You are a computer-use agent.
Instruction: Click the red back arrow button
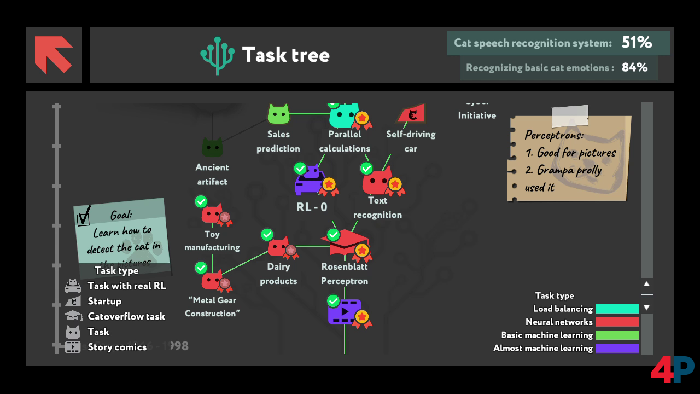point(54,55)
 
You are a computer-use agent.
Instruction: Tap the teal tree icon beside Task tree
point(217,55)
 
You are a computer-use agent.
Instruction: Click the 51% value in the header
point(637,43)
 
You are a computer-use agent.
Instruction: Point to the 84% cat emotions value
point(634,67)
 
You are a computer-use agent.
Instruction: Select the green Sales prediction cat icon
point(278,114)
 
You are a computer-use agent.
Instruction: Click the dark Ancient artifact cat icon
point(212,147)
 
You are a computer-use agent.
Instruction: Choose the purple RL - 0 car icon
point(310,181)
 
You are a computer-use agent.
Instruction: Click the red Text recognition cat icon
point(377,181)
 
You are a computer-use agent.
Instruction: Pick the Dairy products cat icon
point(278,247)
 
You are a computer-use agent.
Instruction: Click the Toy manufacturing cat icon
point(212,214)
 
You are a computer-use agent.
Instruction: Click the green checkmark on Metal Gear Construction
point(201,268)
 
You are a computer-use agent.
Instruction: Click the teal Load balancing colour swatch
point(617,309)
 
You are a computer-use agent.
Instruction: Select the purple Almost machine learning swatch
point(617,348)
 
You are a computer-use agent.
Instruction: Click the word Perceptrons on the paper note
point(554,135)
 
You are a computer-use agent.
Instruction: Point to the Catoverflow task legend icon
point(73,316)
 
